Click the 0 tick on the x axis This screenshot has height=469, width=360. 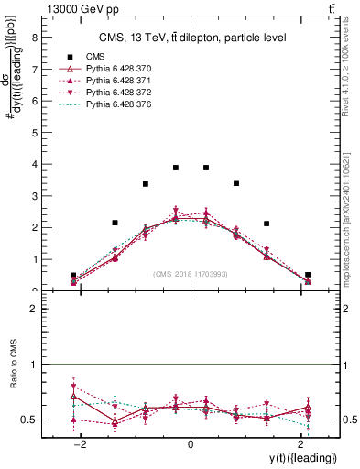pos(190,443)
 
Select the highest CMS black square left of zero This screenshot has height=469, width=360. pos(176,168)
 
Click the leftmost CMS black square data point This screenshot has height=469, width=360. pos(73,275)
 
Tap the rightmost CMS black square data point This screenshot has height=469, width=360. pos(308,274)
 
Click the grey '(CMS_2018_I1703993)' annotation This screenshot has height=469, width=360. pos(190,273)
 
